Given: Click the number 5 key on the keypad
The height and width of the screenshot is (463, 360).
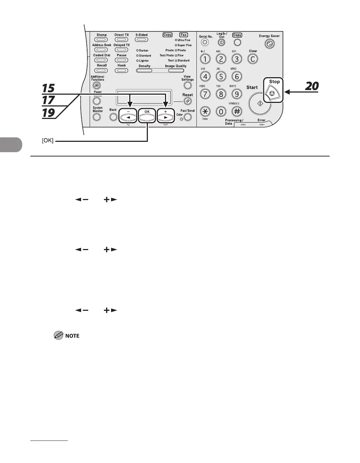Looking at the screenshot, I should tap(221, 76).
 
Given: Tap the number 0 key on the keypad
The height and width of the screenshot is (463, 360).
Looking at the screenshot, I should tap(221, 111).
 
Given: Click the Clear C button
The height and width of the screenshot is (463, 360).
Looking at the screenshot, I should tap(253, 59).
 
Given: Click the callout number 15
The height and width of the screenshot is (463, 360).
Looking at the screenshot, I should tap(49, 88).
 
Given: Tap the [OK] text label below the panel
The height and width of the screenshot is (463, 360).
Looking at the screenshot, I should tap(47, 141).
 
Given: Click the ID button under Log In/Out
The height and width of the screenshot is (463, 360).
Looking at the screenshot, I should tap(221, 43).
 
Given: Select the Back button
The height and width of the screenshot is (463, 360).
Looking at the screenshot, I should tap(113, 116).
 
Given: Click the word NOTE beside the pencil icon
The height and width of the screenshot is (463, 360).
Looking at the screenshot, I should tap(72, 336).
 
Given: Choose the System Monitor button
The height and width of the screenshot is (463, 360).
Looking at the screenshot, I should tap(97, 116).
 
